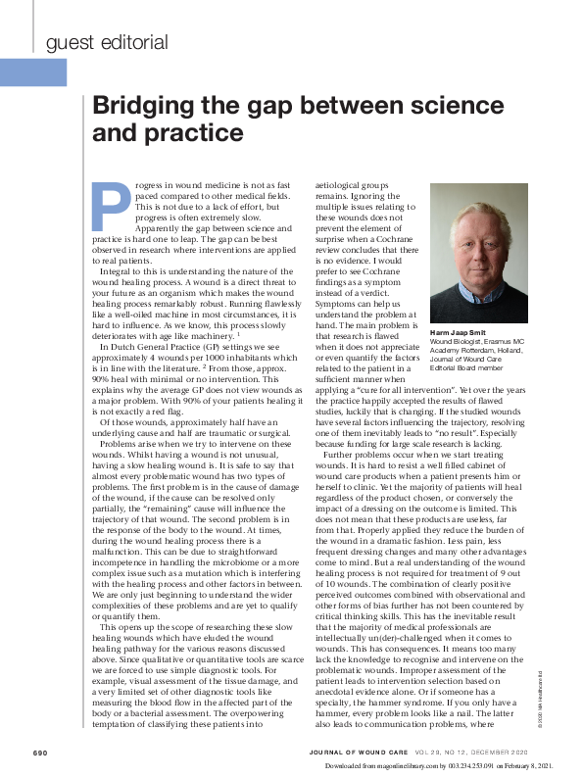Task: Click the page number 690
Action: (x=40, y=753)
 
